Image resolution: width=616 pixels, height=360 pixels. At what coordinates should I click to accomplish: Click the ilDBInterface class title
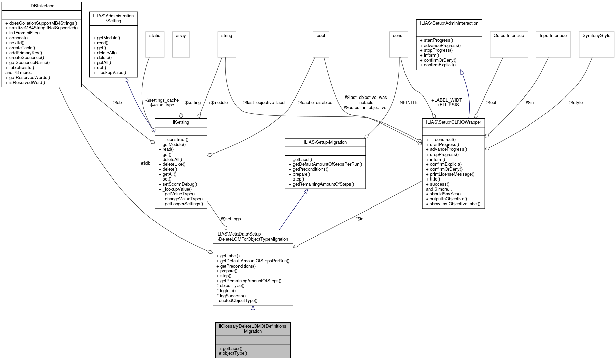[x=41, y=6]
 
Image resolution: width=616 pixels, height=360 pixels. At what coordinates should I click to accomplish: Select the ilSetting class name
[x=181, y=122]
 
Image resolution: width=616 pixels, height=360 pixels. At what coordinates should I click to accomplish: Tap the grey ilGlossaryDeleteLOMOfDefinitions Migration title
[x=253, y=329]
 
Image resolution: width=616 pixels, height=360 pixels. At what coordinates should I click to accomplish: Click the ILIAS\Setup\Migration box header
[x=325, y=142]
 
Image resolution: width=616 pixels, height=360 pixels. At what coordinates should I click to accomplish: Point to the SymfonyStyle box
[x=596, y=36]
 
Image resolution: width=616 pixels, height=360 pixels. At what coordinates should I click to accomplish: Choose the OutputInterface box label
[x=508, y=36]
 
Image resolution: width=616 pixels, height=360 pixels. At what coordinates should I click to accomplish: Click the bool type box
[x=320, y=36]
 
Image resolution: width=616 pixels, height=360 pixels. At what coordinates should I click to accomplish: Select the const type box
[x=398, y=36]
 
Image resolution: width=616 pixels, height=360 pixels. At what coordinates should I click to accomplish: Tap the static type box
[x=155, y=36]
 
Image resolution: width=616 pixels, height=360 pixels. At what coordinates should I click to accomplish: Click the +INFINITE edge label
[x=406, y=102]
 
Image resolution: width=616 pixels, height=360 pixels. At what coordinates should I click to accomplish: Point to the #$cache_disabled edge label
[x=314, y=102]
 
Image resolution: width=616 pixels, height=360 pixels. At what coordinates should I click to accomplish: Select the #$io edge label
[x=359, y=219]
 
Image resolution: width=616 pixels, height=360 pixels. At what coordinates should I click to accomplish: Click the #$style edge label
[x=575, y=102]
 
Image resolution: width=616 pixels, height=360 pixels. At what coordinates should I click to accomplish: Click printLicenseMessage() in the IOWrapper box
[x=452, y=174]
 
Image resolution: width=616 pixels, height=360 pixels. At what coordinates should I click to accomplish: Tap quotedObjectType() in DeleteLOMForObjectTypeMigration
[x=238, y=300]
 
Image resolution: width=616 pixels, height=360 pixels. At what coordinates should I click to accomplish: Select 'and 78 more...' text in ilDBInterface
[x=20, y=73]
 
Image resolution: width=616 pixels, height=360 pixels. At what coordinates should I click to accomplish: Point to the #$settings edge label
[x=230, y=219]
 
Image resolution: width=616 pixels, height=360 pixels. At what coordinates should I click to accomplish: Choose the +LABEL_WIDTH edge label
[x=448, y=100]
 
